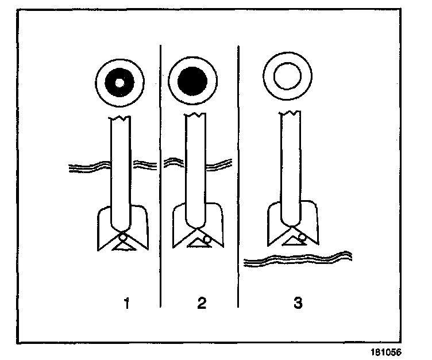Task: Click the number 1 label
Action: pos(126,302)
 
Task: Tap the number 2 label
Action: pos(201,302)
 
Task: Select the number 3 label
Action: pos(297,302)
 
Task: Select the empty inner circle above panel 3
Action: pos(286,78)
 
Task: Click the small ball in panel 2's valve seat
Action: pos(206,238)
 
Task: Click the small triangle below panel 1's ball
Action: pos(123,246)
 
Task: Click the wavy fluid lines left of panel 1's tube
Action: pos(88,167)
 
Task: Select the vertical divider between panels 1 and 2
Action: pos(160,173)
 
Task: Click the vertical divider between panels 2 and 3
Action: pos(238,173)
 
